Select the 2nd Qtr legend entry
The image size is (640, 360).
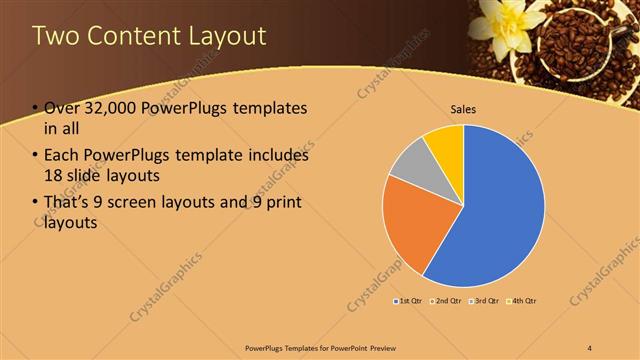[446, 301]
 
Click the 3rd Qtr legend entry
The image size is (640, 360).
[483, 301]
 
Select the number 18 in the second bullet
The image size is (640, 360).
[54, 177]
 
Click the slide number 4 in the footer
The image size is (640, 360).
[590, 346]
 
